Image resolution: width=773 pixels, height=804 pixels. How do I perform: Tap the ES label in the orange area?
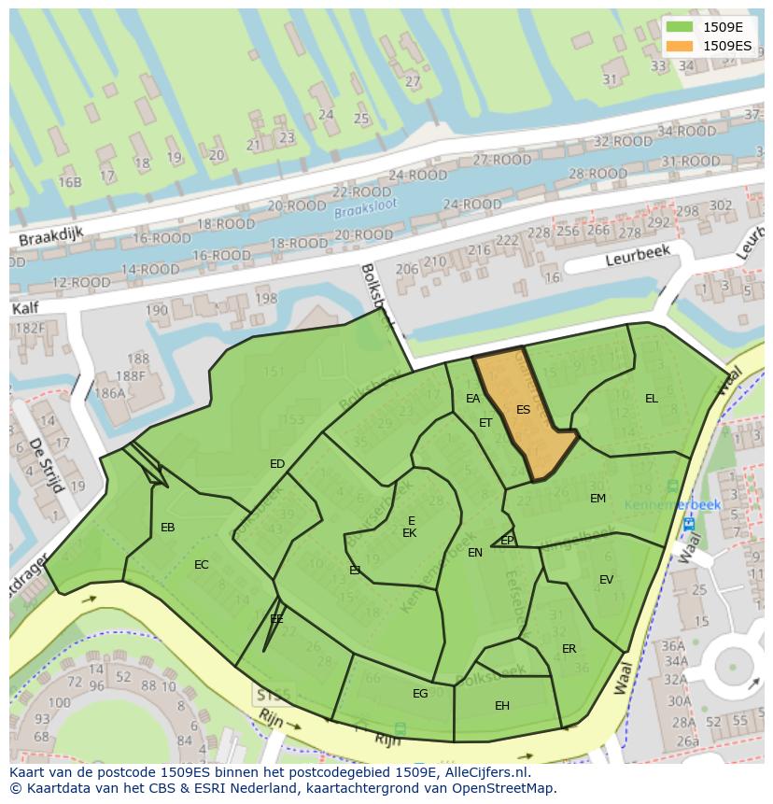tap(523, 410)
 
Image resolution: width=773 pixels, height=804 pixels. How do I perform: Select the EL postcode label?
tap(651, 399)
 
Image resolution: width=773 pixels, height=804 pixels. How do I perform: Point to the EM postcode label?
tap(597, 499)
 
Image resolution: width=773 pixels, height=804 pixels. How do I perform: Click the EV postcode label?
tap(606, 580)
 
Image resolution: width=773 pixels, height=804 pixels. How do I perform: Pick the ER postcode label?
tap(569, 649)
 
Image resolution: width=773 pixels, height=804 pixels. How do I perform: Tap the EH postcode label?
tap(502, 706)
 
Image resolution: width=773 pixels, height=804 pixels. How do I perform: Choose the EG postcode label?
tap(420, 693)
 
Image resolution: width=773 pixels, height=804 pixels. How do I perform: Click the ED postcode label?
tap(277, 464)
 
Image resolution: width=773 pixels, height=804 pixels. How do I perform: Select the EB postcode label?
tap(167, 528)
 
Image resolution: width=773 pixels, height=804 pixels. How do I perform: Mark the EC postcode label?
tap(202, 565)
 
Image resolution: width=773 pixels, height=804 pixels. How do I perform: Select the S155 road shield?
tap(274, 696)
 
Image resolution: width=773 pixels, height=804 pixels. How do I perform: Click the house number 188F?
tap(129, 375)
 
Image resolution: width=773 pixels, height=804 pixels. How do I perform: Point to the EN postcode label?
tap(475, 553)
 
